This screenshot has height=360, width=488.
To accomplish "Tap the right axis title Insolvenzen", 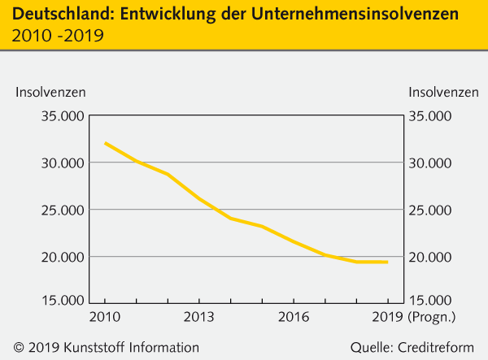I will pyautogui.click(x=444, y=92).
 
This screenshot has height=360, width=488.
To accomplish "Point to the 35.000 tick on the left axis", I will pyautogui.click(x=61, y=116).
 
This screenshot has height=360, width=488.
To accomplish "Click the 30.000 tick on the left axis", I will pyautogui.click(x=61, y=163).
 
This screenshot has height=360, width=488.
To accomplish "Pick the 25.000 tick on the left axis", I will pyautogui.click(x=61, y=210).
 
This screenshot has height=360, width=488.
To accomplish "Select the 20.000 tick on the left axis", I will pyautogui.click(x=61, y=258).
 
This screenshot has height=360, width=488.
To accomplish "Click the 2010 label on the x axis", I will pyautogui.click(x=105, y=316).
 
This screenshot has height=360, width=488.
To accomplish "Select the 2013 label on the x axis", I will pyautogui.click(x=199, y=316).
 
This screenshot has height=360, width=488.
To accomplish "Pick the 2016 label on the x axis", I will pyautogui.click(x=293, y=316).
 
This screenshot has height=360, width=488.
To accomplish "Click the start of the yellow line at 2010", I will pyautogui.click(x=106, y=143).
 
